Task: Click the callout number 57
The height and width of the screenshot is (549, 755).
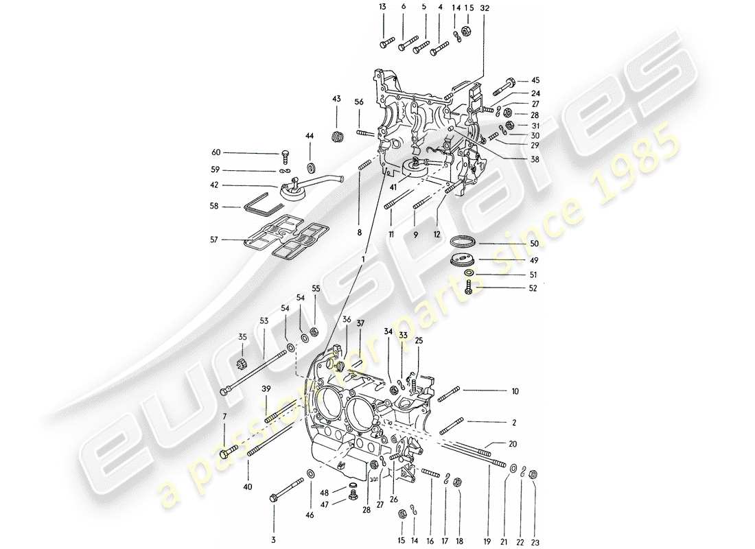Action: point(216,240)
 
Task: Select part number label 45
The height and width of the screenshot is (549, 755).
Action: point(535,80)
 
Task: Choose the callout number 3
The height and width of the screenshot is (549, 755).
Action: point(272,540)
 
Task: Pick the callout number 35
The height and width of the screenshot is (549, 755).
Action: point(242,336)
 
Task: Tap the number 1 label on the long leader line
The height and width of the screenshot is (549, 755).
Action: point(368,259)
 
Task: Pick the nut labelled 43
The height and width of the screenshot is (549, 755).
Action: point(336,135)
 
